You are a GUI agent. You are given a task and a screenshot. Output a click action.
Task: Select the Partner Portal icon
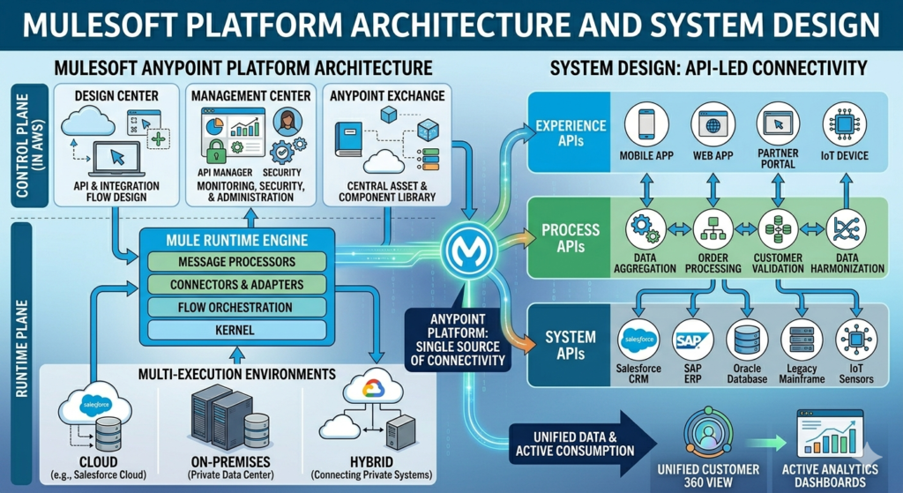click(777, 124)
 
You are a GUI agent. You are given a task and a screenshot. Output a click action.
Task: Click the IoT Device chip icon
click(844, 124)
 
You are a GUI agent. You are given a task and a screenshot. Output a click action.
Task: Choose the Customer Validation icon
click(777, 230)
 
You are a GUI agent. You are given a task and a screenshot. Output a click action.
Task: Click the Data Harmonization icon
click(844, 230)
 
